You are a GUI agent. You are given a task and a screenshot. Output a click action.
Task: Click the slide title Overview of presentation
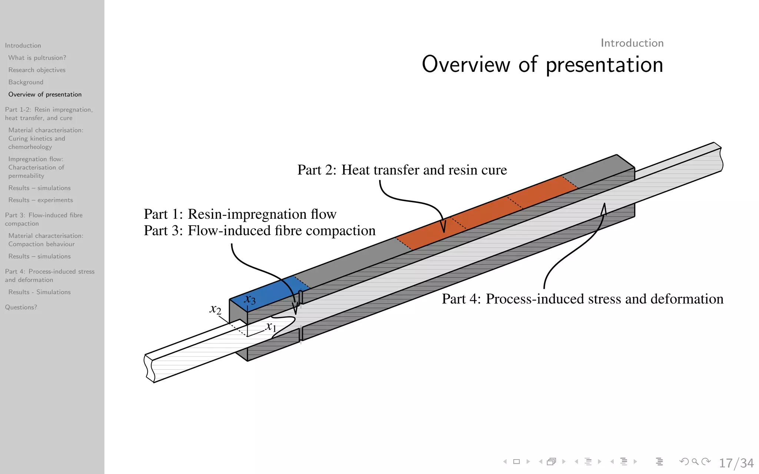pos(542,64)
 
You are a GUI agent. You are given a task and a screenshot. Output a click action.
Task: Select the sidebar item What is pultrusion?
pos(37,58)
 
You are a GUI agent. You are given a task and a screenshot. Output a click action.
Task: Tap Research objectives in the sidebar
pos(37,70)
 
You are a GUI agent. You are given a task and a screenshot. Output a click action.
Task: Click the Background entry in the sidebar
pos(26,82)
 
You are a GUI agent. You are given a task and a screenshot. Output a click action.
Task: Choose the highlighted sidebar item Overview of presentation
pos(45,94)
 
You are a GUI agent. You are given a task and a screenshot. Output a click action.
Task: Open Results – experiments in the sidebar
pos(40,200)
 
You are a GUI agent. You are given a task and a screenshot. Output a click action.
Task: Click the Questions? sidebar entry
pos(21,307)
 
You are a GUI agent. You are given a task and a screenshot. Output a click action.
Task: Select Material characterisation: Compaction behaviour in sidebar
pos(46,240)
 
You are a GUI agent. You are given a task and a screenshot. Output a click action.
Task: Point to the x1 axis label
pos(271,327)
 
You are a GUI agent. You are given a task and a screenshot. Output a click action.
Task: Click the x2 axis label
pos(215,308)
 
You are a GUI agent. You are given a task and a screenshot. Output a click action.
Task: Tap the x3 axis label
pos(250,299)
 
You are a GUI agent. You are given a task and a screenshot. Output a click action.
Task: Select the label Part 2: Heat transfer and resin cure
pos(402,170)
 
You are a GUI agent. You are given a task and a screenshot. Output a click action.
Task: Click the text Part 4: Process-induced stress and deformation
pos(582,299)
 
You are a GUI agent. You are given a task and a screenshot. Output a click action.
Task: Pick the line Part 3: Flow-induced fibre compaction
pos(259,231)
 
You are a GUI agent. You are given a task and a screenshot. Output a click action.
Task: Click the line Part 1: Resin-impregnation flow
pos(240,214)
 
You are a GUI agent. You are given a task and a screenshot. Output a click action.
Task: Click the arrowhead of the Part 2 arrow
pos(443,227)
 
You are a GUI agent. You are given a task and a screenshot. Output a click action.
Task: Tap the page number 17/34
pos(736,463)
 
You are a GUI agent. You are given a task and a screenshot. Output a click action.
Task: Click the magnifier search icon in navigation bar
pos(695,461)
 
